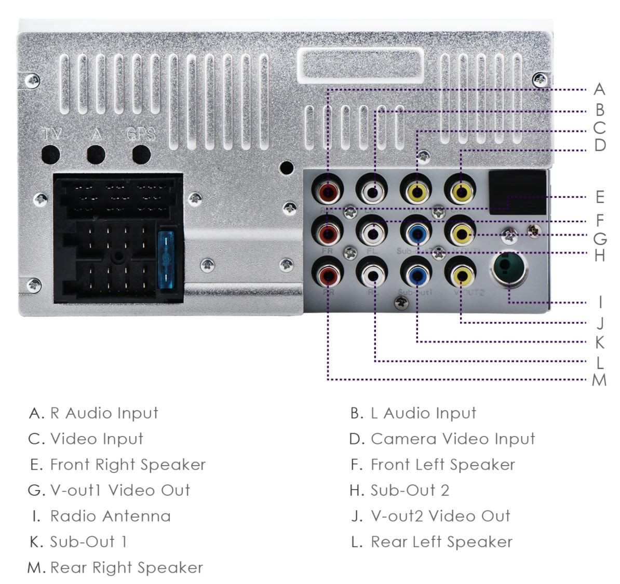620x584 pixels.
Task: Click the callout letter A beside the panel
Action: click(599, 89)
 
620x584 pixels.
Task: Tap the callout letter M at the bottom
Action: click(599, 381)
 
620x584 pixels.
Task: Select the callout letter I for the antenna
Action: click(600, 303)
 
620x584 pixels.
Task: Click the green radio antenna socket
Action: click(508, 267)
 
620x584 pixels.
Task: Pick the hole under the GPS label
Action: click(141, 154)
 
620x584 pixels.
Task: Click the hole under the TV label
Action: click(51, 154)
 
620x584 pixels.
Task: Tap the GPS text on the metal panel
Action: click(141, 134)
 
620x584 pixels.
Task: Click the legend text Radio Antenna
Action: click(110, 516)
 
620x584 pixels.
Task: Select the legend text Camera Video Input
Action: click(452, 439)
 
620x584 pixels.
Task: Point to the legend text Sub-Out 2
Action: click(410, 490)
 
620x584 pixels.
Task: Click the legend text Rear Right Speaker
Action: click(126, 567)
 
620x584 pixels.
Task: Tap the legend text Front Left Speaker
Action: click(442, 465)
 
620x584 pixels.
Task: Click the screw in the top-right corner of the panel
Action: click(541, 79)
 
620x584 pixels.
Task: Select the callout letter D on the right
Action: click(600, 145)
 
